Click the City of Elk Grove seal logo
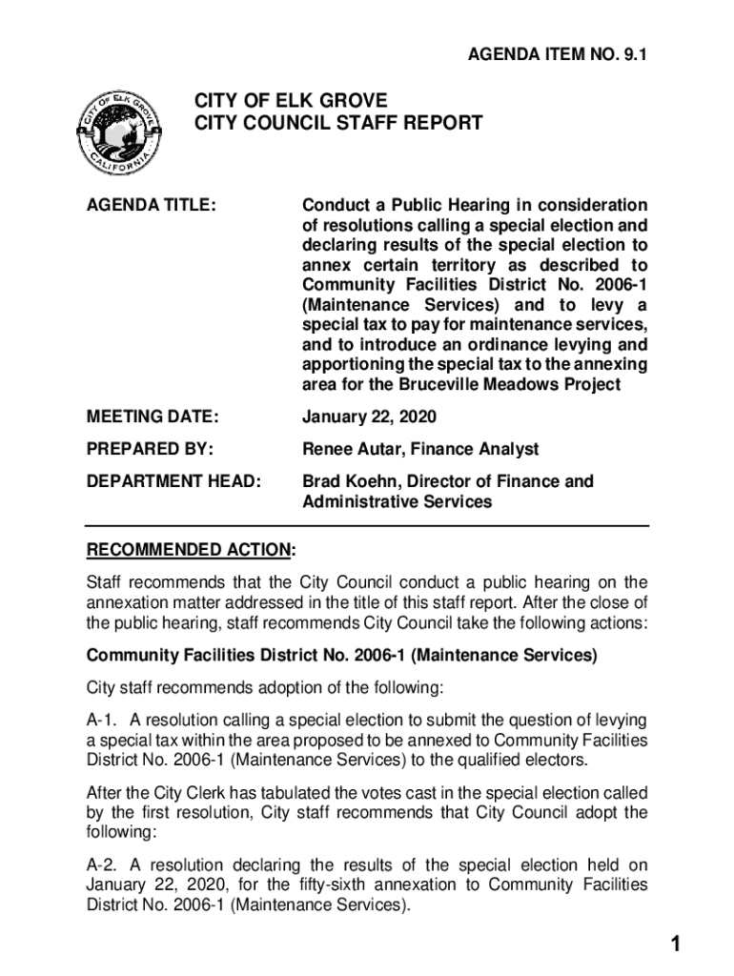[120, 133]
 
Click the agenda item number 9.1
[557, 56]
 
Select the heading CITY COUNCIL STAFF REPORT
[338, 124]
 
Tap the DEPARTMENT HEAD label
[173, 481]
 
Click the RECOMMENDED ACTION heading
[189, 551]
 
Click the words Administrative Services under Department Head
[398, 501]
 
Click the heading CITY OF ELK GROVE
[291, 100]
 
